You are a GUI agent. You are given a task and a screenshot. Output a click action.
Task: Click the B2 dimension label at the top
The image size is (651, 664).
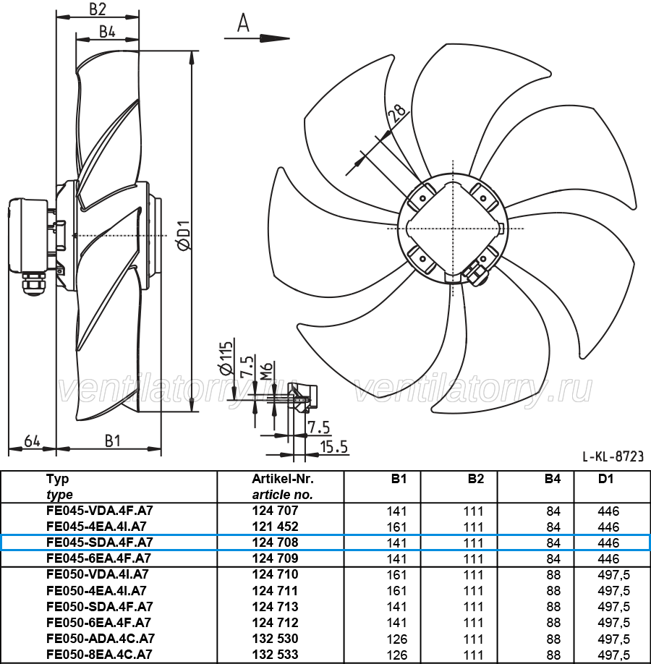pos(98,9)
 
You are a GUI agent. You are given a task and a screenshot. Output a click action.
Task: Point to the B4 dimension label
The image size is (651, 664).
pos(107,32)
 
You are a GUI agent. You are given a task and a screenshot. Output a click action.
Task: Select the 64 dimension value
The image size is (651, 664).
pos(32,440)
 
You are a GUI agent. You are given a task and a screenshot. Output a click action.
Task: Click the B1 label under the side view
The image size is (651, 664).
pos(113,440)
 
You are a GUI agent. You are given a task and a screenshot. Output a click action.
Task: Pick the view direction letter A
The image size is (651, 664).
pos(243,22)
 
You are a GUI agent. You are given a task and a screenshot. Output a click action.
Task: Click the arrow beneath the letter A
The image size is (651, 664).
pos(257,38)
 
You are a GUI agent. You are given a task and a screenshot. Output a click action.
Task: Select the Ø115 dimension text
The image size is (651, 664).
pos(226,357)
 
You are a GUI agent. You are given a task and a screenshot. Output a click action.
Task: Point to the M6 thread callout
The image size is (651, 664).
pos(265,370)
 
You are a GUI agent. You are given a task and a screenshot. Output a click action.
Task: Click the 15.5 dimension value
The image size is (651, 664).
pos(333,447)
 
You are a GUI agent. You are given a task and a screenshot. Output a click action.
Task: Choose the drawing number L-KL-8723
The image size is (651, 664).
pos(613,456)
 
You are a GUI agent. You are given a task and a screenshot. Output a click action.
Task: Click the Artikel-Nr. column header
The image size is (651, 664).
pos(283,479)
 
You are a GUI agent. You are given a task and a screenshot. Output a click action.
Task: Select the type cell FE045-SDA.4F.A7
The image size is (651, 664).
pos(100,542)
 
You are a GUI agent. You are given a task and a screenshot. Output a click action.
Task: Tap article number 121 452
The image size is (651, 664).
pos(276,527)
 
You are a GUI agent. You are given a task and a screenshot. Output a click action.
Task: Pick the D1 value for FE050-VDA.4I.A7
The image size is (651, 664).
pos(613,574)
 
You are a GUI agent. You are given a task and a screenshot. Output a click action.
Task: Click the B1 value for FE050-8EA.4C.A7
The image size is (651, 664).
pos(397,655)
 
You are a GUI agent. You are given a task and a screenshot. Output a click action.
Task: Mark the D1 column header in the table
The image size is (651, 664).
pos(605,479)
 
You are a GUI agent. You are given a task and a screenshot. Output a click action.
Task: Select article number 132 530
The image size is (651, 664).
pos(276,639)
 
